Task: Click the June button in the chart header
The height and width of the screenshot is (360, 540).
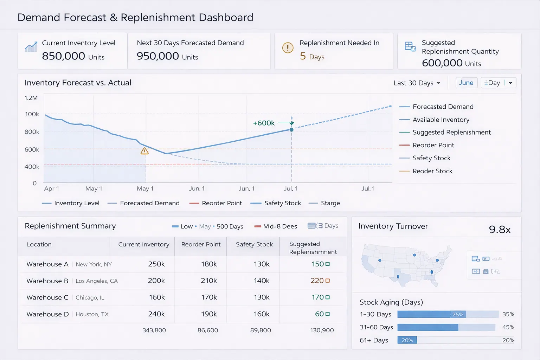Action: (x=466, y=83)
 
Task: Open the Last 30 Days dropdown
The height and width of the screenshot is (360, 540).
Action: (x=417, y=83)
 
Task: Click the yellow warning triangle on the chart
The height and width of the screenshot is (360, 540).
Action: (x=144, y=151)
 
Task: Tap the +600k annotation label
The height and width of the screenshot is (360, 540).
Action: (x=264, y=123)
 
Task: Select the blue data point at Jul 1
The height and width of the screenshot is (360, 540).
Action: (x=291, y=130)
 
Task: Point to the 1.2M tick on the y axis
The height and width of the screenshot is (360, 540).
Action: (x=31, y=98)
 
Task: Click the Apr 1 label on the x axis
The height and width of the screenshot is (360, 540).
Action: (x=51, y=188)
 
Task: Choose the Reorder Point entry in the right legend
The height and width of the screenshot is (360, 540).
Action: (x=433, y=145)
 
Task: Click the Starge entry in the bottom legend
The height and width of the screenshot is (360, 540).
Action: (x=330, y=203)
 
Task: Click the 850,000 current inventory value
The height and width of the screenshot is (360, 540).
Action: (x=64, y=56)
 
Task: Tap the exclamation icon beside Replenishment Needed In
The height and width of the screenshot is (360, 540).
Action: (x=288, y=48)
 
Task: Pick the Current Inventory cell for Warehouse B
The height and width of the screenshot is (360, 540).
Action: (x=156, y=281)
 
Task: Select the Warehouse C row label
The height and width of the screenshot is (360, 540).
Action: (x=47, y=297)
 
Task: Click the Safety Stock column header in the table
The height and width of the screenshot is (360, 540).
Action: (x=254, y=244)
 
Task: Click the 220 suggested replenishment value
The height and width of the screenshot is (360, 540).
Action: (x=317, y=281)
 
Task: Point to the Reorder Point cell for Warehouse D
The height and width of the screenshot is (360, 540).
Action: (x=209, y=314)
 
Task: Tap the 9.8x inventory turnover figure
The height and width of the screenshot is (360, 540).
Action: (x=500, y=230)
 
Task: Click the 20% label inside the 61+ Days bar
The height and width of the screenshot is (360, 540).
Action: (x=407, y=340)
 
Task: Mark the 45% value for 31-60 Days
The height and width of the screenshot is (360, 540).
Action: (x=508, y=327)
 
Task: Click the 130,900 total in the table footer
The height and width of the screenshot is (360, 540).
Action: (x=322, y=330)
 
